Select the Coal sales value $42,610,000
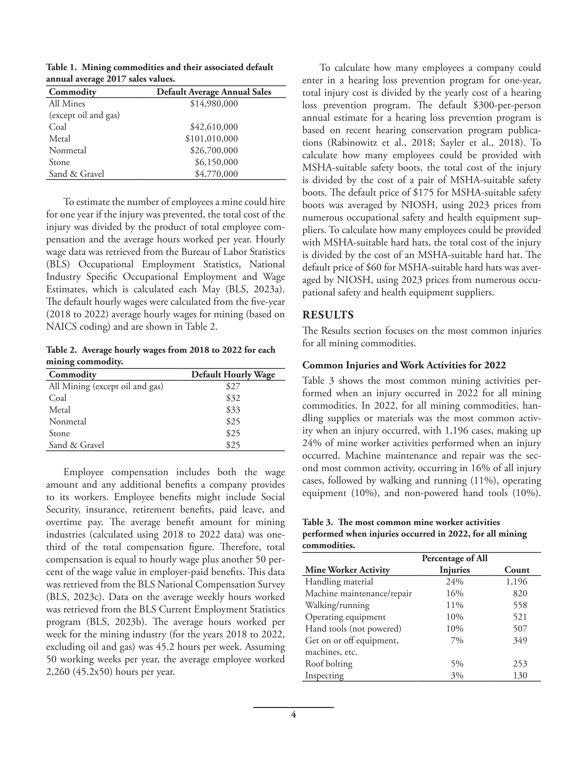pyautogui.click(x=214, y=127)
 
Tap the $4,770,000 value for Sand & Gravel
pyautogui.click(x=216, y=174)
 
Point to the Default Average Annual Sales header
pyautogui.click(x=214, y=92)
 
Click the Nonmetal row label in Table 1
pyautogui.click(x=67, y=151)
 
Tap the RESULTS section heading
pyautogui.click(x=328, y=315)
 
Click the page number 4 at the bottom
pyautogui.click(x=293, y=715)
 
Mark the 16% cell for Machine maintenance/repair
pyautogui.click(x=454, y=593)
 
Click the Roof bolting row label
pyautogui.click(x=328, y=664)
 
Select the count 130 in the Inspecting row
pyautogui.click(x=520, y=675)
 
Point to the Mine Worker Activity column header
pyautogui.click(x=347, y=570)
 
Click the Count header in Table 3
pyautogui.click(x=517, y=570)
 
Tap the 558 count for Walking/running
pyautogui.click(x=520, y=605)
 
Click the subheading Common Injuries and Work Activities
pyautogui.click(x=404, y=365)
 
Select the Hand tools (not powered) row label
pyautogui.click(x=353, y=628)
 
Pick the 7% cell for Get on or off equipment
pyautogui.click(x=456, y=640)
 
